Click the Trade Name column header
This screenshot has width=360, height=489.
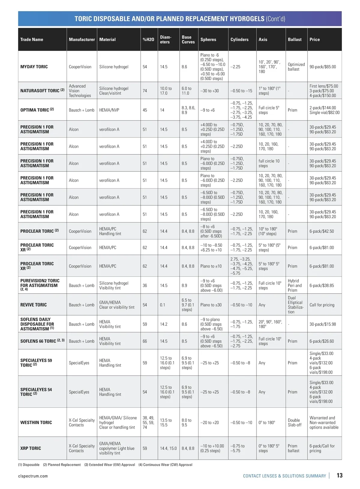31,40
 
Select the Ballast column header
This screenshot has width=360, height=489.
295,40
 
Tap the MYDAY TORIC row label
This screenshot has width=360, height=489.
34,67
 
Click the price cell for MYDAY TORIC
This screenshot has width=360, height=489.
322,67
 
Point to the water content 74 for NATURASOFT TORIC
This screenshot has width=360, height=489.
145,91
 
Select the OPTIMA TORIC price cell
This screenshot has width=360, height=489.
324,110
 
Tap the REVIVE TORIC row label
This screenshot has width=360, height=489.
34,305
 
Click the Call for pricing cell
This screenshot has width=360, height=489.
322,305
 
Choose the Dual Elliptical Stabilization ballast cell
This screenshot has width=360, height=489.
295,305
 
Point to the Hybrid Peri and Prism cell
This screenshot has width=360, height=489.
295,285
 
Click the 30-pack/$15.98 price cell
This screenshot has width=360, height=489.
322,324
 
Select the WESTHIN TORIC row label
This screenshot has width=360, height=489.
36,422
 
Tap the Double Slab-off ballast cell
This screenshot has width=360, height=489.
294,422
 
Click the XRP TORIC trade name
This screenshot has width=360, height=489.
31,448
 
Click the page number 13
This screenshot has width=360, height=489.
340,476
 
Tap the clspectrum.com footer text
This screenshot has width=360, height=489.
33,476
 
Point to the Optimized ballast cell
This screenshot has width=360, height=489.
296,67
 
